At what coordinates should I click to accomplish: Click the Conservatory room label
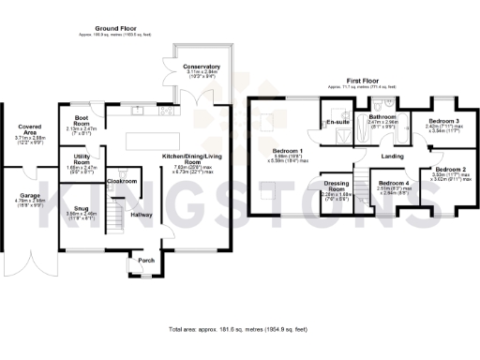click(x=202, y=67)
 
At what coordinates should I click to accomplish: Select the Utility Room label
click(x=82, y=159)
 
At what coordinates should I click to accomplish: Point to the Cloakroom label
click(x=123, y=181)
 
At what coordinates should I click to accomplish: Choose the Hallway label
click(x=141, y=215)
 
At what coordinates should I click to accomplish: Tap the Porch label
click(x=146, y=260)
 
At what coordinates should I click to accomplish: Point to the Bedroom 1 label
click(x=288, y=151)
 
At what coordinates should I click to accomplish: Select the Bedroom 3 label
click(x=443, y=122)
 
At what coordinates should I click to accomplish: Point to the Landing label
click(x=394, y=156)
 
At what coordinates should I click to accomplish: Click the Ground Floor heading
click(x=111, y=30)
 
